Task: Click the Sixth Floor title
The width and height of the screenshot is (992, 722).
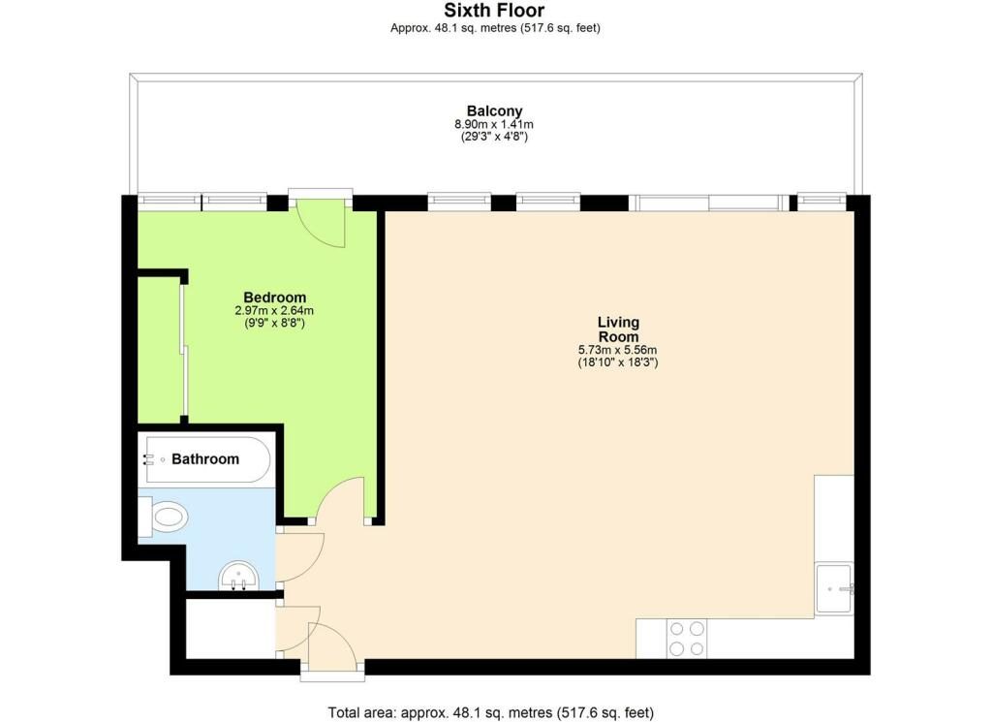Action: point(495,11)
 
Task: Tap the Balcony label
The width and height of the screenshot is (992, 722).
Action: point(495,111)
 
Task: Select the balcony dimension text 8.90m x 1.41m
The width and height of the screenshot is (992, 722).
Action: point(495,125)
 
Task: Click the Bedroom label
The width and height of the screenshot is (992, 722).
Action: point(274,298)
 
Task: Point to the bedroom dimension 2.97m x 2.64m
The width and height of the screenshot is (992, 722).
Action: point(274,311)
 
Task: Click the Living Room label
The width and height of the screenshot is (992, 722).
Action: point(618,330)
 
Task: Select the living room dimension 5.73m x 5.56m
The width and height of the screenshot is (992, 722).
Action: point(618,350)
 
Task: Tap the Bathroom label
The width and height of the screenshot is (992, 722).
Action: point(205,459)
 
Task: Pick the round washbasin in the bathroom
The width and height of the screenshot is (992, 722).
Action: point(238,577)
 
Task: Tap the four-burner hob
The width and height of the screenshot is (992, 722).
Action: point(687,639)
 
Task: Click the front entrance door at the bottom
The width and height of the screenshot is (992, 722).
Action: point(332,646)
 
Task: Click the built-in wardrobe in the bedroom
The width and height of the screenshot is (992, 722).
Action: point(159,349)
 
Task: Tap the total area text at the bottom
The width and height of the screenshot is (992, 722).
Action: point(491,712)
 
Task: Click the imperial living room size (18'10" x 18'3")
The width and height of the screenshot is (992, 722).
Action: point(618,363)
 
